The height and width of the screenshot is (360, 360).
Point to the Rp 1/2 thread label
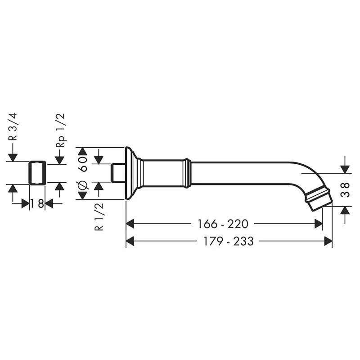pos(60,130)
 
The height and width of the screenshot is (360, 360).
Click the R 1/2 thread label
pos(99,216)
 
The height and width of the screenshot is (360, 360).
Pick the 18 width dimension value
pos(37,203)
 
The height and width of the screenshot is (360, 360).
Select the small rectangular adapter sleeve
pos(37,172)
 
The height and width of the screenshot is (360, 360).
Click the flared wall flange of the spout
pos(130,173)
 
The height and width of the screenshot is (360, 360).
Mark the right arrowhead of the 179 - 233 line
pos(328,242)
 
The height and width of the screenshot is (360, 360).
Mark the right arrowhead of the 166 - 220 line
pos(319,224)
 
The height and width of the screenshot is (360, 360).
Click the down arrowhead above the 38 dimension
pos(345,169)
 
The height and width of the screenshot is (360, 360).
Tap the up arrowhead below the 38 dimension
pos(345,210)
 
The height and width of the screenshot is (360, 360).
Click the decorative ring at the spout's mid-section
pos(186,173)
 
